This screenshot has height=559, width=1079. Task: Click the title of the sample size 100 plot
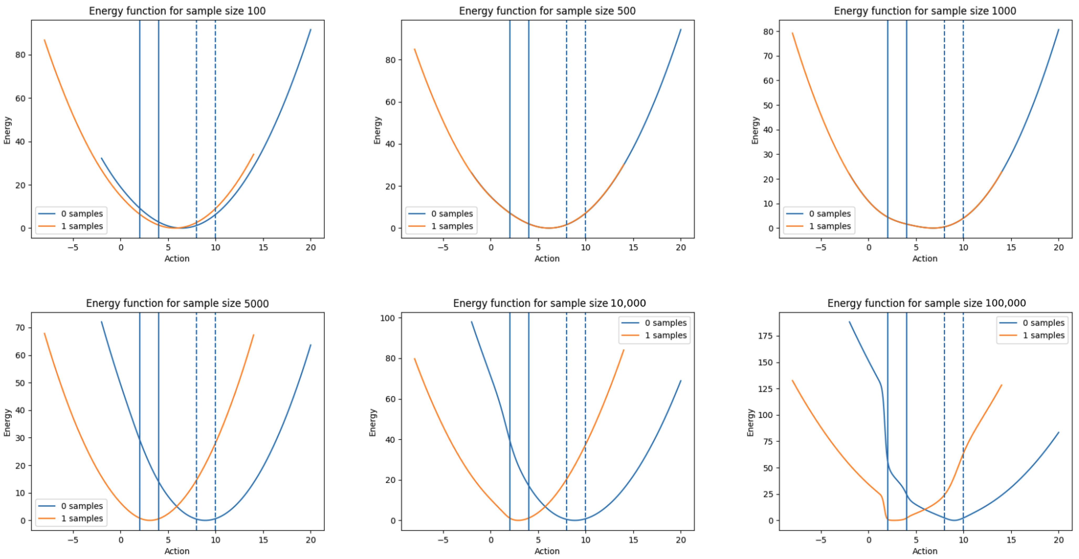[x=177, y=11]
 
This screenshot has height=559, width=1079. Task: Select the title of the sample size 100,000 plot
[x=926, y=303]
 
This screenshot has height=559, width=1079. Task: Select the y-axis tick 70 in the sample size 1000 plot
[x=768, y=56]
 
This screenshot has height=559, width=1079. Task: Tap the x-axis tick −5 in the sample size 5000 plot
[x=73, y=540]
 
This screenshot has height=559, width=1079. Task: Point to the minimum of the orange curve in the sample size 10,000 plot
[x=518, y=520]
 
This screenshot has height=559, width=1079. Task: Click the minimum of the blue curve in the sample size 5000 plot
[x=205, y=520]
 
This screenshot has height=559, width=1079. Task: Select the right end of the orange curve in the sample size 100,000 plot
[x=1002, y=385]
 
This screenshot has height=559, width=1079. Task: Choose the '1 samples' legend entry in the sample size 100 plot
[x=82, y=226]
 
